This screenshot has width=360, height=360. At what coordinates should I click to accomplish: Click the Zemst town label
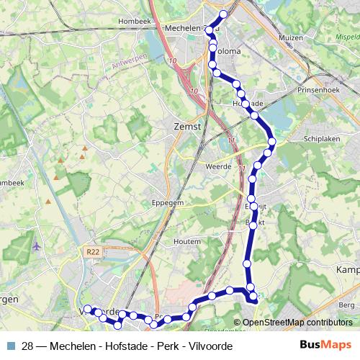[186, 125]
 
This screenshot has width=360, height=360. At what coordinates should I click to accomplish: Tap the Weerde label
[218, 166]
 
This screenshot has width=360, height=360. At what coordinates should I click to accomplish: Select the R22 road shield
[91, 252]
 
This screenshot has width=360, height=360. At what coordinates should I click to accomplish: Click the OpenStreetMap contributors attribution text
[297, 323]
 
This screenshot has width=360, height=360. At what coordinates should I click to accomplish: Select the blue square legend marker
[10, 346]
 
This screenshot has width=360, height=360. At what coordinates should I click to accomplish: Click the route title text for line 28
[127, 346]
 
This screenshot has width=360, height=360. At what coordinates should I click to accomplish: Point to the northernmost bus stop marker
[223, 14]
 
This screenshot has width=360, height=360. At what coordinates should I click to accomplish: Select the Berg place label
[346, 305]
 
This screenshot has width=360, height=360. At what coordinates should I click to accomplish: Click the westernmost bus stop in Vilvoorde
[87, 310]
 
